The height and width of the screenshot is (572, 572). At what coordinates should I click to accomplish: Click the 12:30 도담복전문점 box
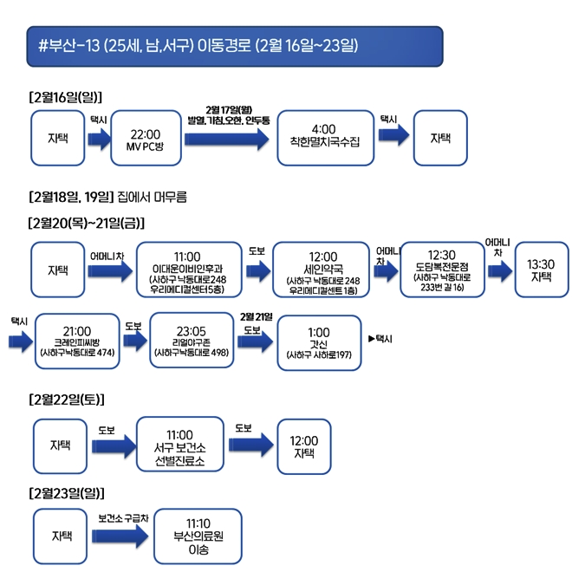click(447, 270)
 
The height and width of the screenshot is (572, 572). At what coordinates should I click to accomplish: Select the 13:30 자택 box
click(542, 270)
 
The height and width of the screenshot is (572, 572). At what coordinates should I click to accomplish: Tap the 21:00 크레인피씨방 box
click(78, 341)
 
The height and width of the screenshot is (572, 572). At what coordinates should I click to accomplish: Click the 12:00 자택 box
click(303, 446)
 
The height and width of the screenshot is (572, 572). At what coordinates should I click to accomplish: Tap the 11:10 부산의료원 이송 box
click(198, 536)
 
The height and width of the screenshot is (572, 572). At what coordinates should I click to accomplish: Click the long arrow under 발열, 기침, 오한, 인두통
click(226, 139)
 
